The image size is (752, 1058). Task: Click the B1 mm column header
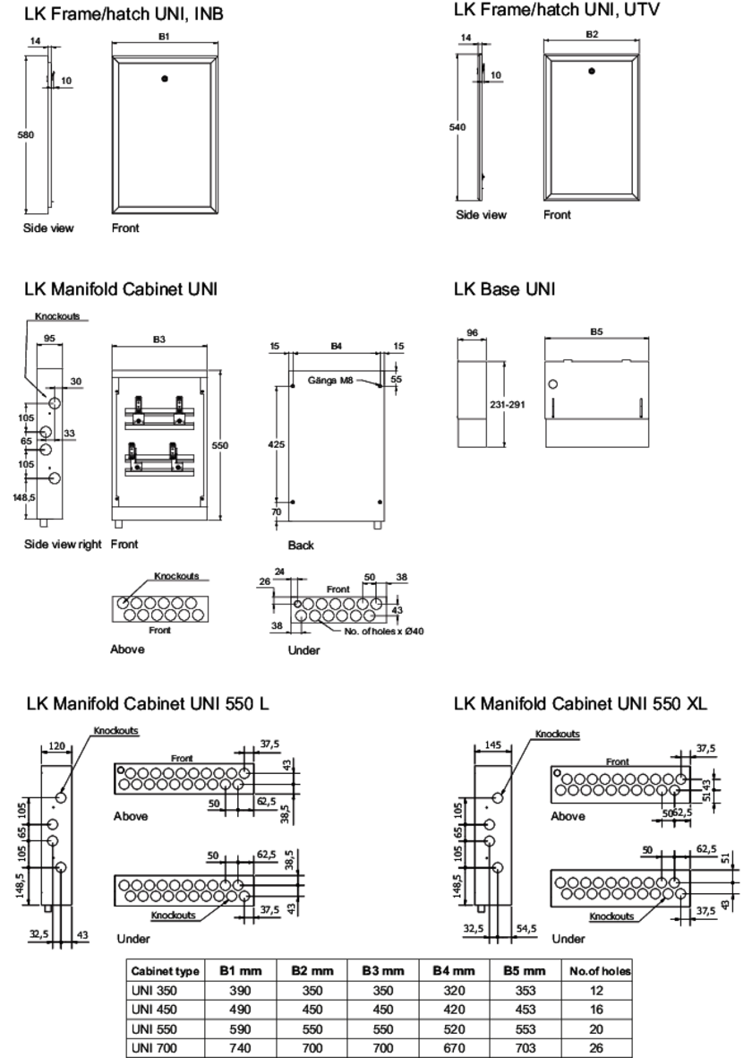240,970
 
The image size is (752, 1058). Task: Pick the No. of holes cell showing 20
597,1028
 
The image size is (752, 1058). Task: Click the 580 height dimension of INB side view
26,134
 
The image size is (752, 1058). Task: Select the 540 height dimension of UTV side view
457,127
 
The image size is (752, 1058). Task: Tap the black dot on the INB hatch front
164,79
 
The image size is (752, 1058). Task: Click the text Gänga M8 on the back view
329,380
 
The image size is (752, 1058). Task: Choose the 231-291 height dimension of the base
508,404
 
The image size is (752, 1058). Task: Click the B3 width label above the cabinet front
158,340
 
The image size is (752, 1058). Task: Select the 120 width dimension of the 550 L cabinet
57,745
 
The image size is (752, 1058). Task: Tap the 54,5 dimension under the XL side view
526,929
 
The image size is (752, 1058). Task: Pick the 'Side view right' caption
63,544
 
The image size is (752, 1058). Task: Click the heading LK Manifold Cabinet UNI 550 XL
580,704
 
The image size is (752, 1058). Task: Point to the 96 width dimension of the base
472,332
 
